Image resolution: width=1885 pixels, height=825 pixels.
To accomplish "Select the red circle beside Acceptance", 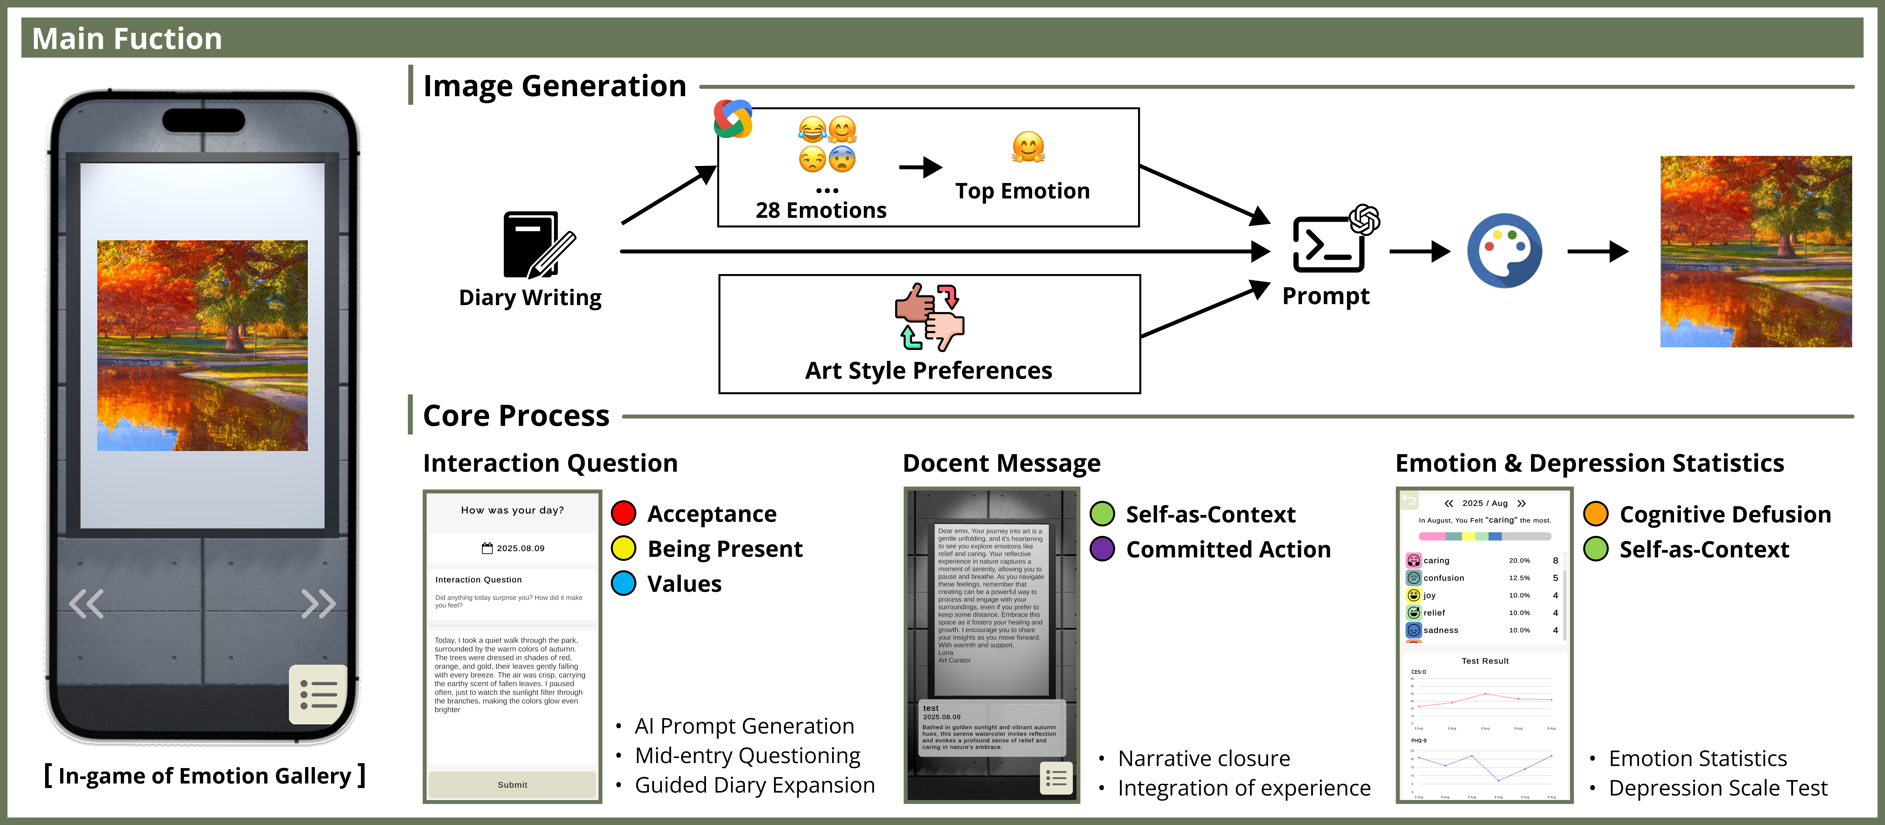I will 623,513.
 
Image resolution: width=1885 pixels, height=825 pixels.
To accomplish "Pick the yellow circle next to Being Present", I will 623,548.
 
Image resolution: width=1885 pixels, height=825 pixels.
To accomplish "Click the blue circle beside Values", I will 623,583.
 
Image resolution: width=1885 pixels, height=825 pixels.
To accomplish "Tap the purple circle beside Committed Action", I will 1102,549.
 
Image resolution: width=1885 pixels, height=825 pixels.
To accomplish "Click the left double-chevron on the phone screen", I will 86,604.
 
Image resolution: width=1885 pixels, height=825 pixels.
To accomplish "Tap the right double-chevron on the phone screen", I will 318,604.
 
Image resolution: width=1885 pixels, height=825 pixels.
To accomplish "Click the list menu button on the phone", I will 318,694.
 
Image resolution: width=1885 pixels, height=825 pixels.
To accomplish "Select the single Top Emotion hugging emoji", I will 1028,147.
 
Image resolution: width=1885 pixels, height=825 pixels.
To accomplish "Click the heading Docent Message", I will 1001,463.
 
